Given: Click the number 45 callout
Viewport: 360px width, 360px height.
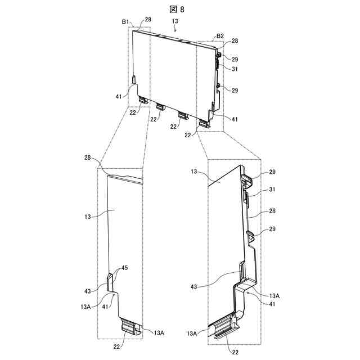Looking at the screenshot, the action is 124,268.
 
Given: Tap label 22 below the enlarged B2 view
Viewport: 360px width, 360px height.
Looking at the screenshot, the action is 235,353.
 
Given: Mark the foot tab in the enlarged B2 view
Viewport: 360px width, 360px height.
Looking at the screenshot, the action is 225,326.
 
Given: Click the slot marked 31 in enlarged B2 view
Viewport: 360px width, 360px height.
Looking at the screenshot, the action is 246,197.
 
